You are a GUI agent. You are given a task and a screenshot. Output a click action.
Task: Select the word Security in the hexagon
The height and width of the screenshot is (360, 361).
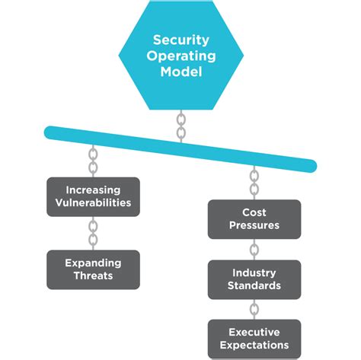(x=180, y=40)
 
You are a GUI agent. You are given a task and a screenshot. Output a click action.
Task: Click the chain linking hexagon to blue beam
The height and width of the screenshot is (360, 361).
(x=180, y=126)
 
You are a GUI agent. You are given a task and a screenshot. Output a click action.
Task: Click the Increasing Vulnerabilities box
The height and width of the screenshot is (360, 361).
(x=93, y=196)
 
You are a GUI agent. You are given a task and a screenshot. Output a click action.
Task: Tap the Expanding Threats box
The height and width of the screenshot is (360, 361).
(x=93, y=269)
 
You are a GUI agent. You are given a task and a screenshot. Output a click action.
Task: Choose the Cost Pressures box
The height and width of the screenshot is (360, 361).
(x=254, y=219)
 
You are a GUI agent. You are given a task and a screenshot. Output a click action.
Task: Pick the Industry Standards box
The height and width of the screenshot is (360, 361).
(x=254, y=279)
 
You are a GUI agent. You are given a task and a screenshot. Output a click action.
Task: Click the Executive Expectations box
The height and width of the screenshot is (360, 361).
(x=254, y=339)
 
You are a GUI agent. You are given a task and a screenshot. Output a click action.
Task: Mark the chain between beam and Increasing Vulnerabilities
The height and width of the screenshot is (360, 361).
(x=93, y=161)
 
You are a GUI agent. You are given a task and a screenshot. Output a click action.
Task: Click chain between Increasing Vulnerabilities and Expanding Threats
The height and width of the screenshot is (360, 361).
(x=93, y=233)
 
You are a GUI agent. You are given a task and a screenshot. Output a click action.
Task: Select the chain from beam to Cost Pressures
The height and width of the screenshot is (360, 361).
(x=254, y=183)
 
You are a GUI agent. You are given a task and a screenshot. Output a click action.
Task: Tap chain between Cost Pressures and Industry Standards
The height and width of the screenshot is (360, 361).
(x=254, y=249)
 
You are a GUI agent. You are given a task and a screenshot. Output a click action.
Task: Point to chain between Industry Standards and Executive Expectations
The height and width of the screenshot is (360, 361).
(x=254, y=308)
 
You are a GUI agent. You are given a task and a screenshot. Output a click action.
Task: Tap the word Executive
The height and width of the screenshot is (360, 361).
(x=254, y=332)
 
